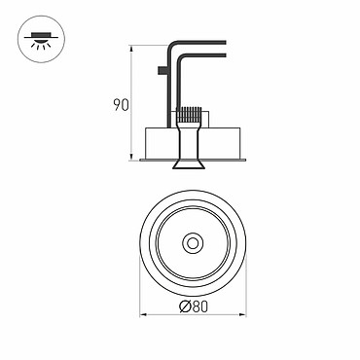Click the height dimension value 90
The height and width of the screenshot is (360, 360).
coord(121,104)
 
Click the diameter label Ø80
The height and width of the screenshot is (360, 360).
coord(194,306)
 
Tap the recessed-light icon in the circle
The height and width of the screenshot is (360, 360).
coord(41,40)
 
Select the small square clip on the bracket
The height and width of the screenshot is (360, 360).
coord(162,71)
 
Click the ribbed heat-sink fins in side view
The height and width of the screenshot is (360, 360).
coord(189,115)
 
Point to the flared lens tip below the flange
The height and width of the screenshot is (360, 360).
coord(189,164)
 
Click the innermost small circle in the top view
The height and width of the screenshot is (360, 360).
coord(193,243)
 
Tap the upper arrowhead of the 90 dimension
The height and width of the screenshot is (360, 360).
coord(131,50)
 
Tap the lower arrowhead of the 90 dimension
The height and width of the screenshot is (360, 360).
coord(131,157)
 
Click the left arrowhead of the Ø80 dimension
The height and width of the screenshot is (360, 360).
coord(144,314)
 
